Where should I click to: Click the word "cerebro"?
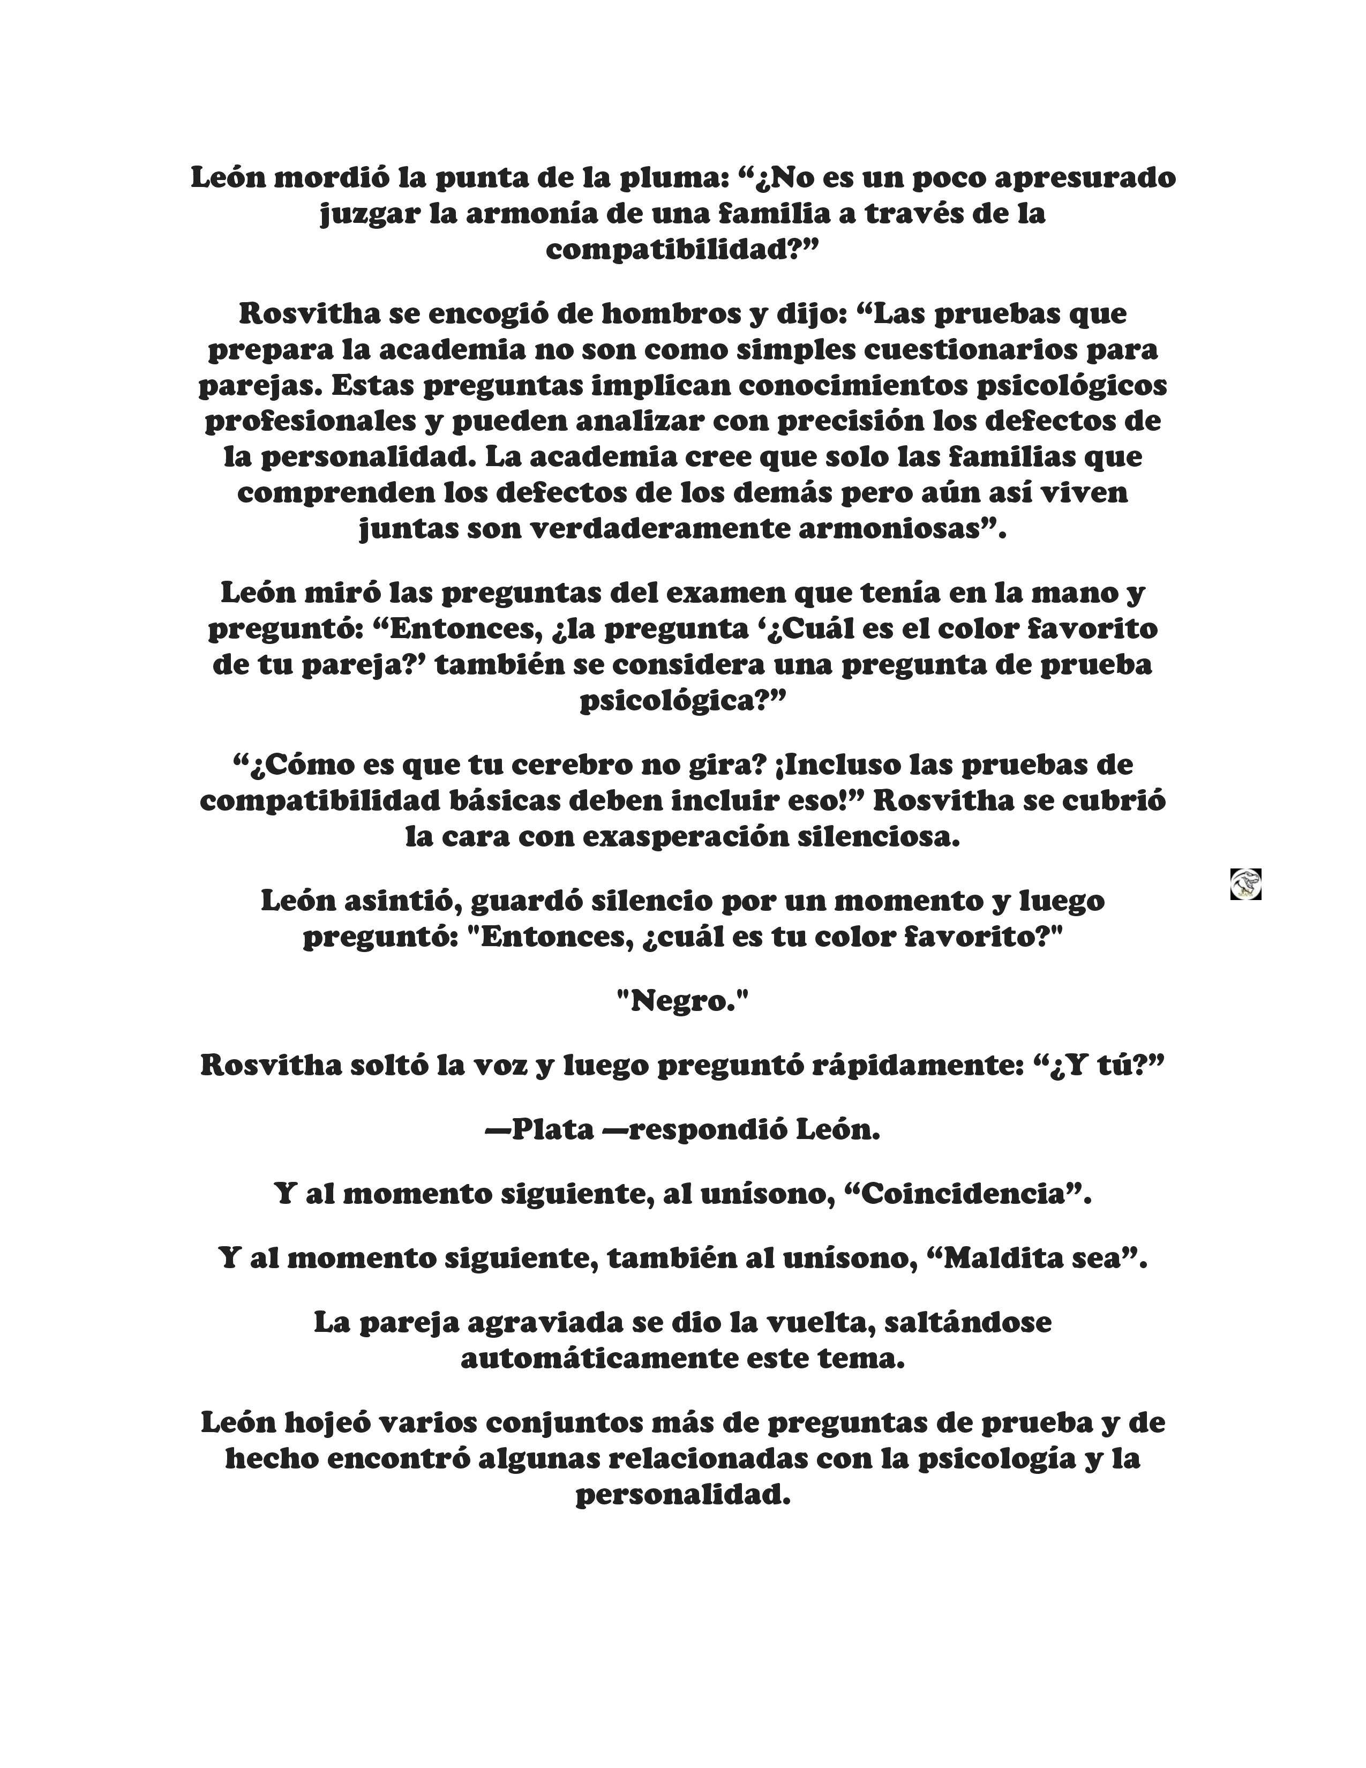click(572, 764)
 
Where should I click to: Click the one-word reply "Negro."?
click(682, 1001)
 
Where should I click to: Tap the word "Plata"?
click(553, 1129)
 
